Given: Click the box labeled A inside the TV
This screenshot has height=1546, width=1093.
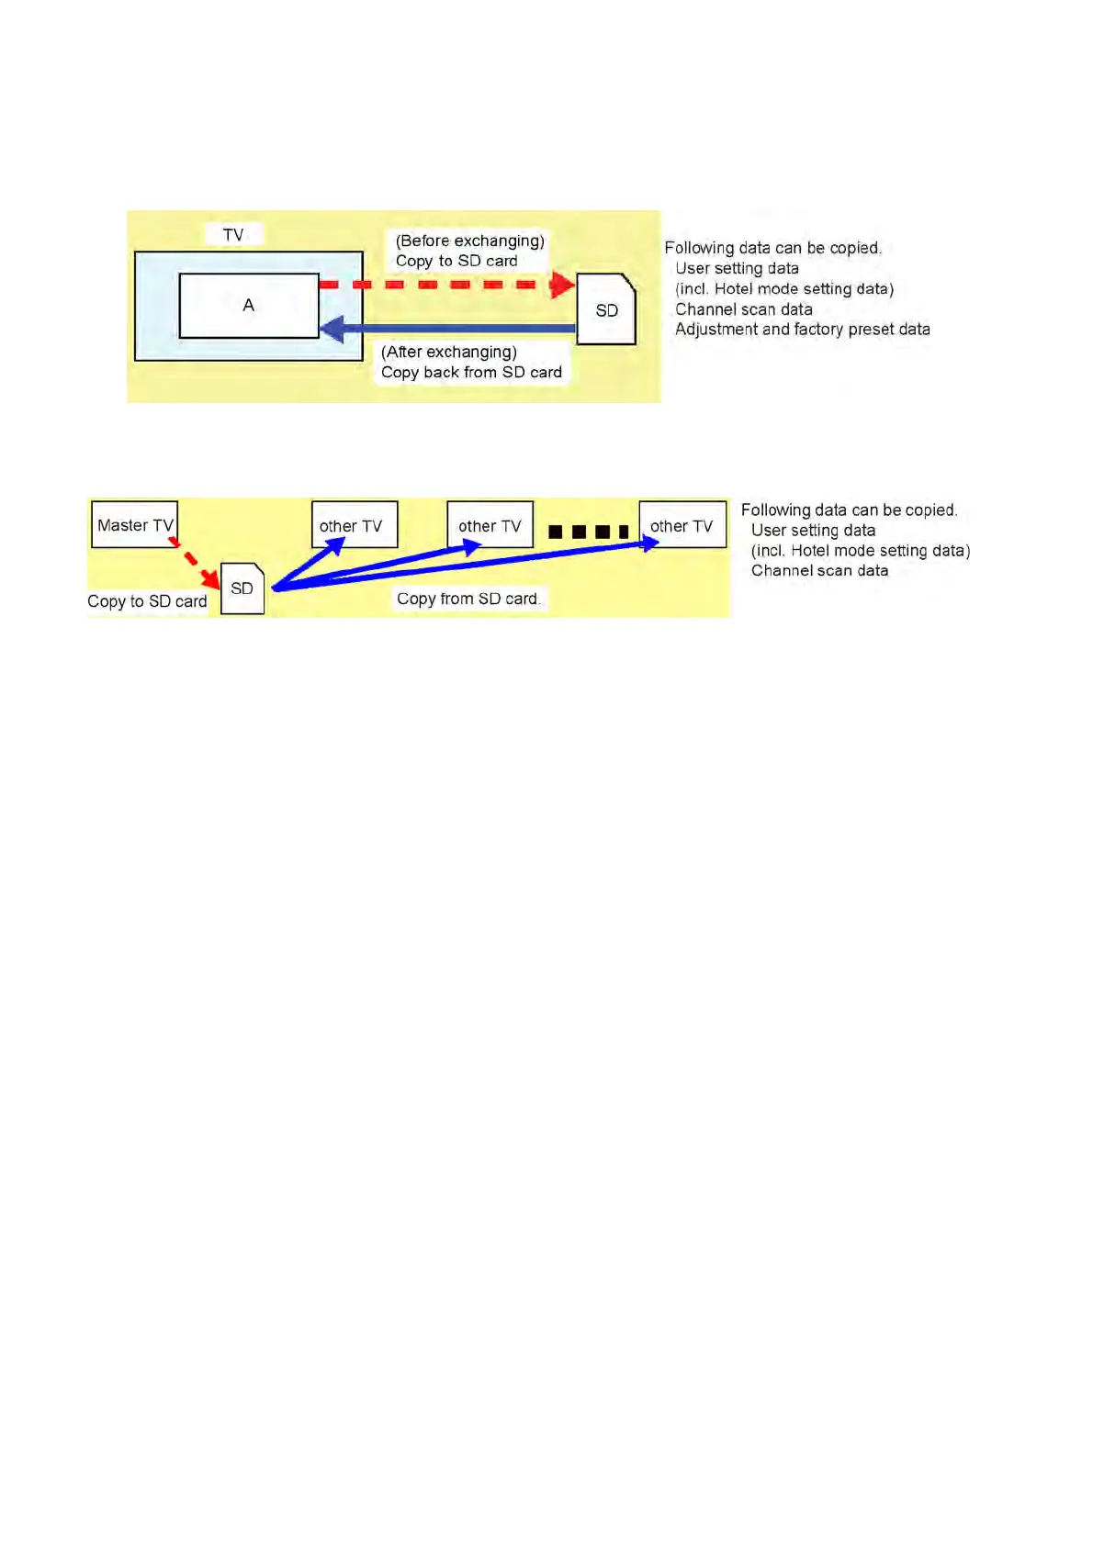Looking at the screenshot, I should click(249, 306).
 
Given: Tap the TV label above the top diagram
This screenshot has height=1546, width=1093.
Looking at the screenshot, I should click(233, 235).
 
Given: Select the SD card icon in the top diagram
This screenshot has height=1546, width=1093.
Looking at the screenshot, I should click(606, 310).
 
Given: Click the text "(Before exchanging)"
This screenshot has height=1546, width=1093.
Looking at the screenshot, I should click(469, 241).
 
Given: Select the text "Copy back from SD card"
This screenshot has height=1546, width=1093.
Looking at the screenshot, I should click(471, 372).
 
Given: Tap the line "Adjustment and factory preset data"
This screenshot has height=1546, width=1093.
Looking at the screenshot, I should click(802, 329).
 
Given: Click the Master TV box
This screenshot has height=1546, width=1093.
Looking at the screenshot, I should click(134, 524).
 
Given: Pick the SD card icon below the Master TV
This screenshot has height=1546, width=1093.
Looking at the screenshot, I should click(242, 588).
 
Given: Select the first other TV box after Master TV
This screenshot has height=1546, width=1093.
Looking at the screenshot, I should click(354, 525).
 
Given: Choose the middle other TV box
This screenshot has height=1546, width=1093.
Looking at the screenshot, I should click(490, 525).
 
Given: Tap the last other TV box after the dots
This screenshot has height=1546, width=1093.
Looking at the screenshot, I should click(682, 525).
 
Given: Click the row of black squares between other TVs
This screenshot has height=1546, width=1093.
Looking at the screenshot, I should click(588, 532).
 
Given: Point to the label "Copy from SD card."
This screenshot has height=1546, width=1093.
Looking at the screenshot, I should click(468, 599).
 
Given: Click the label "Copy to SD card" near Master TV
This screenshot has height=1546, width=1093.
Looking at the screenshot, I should click(147, 601).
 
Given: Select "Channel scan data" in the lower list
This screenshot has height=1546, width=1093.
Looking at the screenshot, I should click(819, 570).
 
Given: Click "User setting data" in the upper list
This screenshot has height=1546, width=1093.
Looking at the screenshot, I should click(737, 268).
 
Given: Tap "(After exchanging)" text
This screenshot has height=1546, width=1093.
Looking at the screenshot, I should click(449, 352).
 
